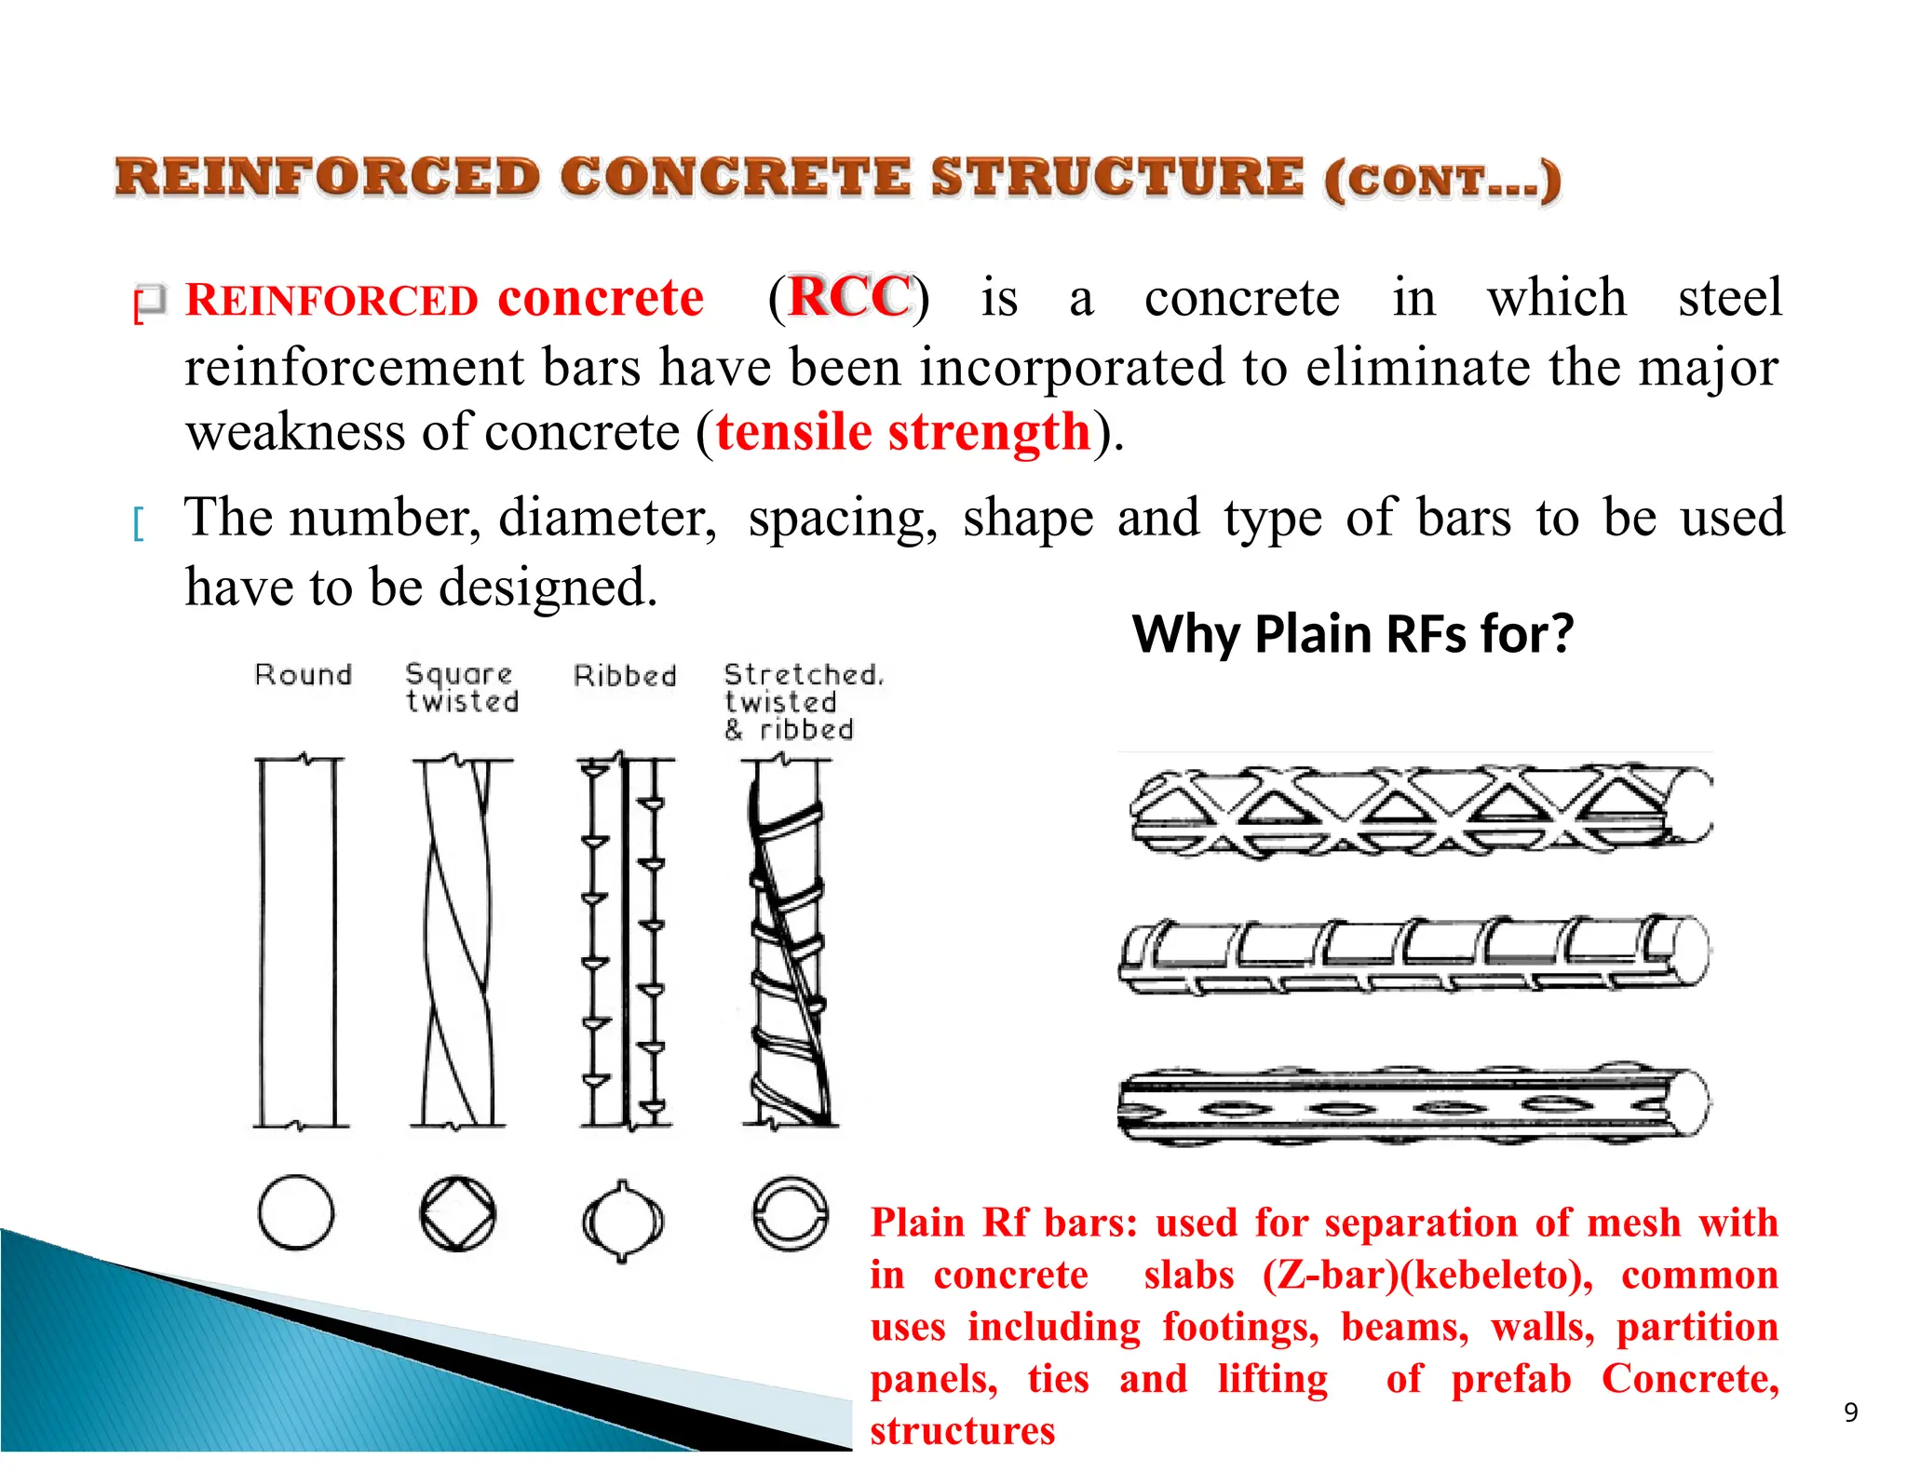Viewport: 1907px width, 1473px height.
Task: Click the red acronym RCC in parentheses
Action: coord(849,298)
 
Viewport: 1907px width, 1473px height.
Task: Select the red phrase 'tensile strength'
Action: coord(902,433)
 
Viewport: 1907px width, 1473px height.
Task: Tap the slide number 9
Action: coord(1850,1412)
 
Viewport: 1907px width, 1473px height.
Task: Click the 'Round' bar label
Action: coord(304,674)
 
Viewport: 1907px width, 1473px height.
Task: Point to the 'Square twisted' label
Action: coord(462,687)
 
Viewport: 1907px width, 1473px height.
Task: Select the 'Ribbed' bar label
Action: coord(625,675)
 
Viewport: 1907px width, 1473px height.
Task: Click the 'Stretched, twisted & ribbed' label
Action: coord(803,701)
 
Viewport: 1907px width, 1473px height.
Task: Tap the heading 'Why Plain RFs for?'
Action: coord(1352,635)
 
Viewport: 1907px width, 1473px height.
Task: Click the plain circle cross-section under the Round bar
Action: coord(296,1211)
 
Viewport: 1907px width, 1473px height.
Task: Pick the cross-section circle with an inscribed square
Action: coord(457,1213)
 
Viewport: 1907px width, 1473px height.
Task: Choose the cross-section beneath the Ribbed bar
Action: coord(622,1221)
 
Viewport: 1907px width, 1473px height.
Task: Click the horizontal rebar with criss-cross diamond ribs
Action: coord(1415,808)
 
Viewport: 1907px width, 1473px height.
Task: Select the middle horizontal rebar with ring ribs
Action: coord(1415,955)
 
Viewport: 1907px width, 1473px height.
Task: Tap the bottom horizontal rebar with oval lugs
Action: coord(1415,1104)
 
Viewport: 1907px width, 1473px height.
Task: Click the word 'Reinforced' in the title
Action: coord(326,177)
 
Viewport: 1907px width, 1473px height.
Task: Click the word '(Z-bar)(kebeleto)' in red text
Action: coord(1427,1275)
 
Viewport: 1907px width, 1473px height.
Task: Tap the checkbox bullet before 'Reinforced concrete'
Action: coord(152,301)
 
